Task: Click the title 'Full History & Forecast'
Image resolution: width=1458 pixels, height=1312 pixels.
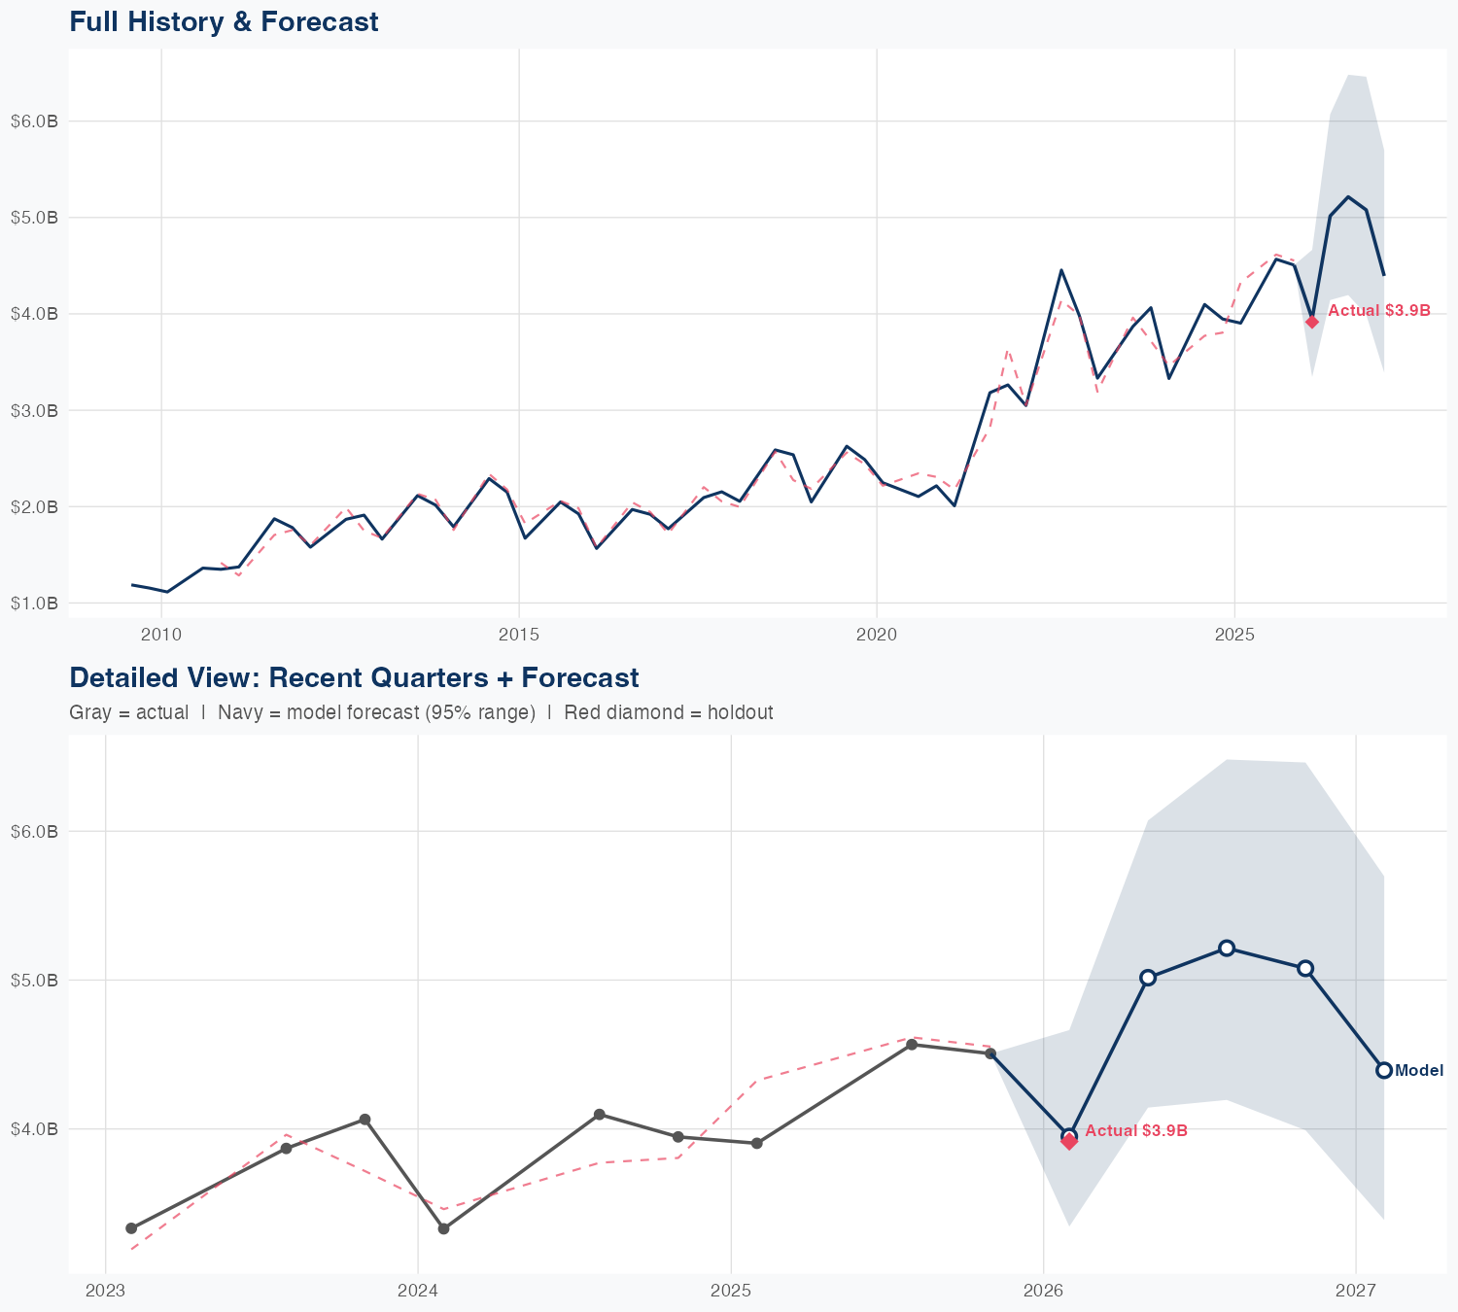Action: pyautogui.click(x=224, y=21)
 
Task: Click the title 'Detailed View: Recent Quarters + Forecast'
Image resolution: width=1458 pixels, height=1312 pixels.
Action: pyautogui.click(x=354, y=677)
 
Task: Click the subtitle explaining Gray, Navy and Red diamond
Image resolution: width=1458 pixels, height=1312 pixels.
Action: pyautogui.click(x=421, y=712)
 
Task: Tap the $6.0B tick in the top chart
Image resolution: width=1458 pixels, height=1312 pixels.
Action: pyautogui.click(x=34, y=121)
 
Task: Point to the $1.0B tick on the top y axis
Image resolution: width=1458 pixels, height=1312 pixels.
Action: pyautogui.click(x=34, y=604)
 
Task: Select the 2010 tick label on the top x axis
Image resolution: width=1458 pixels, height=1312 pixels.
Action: pyautogui.click(x=161, y=635)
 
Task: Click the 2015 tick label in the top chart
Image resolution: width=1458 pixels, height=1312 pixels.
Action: pyautogui.click(x=518, y=635)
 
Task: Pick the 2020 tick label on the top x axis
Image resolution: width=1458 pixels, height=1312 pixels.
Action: pyautogui.click(x=876, y=635)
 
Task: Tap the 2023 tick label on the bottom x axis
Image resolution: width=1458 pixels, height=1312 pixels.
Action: pyautogui.click(x=105, y=1291)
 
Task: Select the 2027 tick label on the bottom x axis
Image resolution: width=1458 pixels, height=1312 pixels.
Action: pyautogui.click(x=1355, y=1291)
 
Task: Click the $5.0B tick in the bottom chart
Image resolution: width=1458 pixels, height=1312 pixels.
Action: pyautogui.click(x=34, y=980)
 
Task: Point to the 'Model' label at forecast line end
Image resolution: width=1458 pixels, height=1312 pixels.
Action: pyautogui.click(x=1419, y=1071)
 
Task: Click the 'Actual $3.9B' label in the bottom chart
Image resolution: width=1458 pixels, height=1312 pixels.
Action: pyautogui.click(x=1136, y=1131)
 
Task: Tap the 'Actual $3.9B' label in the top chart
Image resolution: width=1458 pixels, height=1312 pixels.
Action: pyautogui.click(x=1379, y=311)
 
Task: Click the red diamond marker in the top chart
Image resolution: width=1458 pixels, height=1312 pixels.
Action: pyautogui.click(x=1312, y=322)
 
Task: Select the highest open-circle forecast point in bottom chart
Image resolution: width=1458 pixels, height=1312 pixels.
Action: pyautogui.click(x=1227, y=948)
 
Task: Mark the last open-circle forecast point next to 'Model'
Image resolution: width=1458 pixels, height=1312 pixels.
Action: pyautogui.click(x=1384, y=1070)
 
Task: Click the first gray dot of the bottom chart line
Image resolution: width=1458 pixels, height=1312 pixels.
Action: pyautogui.click(x=131, y=1228)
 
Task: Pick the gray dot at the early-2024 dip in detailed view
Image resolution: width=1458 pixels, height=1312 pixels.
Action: pyautogui.click(x=443, y=1229)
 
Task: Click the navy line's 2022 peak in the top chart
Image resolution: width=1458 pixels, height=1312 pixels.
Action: pyautogui.click(x=1061, y=270)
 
